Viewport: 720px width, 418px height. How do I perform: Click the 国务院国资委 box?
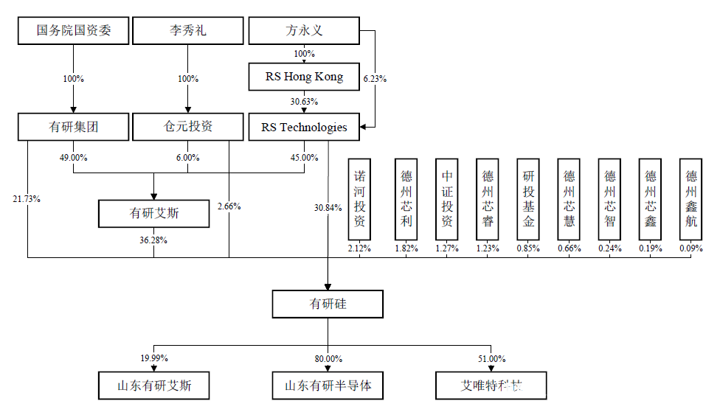click(73, 31)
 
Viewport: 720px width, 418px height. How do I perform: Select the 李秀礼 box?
click(187, 31)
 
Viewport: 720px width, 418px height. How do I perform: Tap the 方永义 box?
click(304, 31)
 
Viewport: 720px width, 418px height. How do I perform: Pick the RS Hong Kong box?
click(304, 76)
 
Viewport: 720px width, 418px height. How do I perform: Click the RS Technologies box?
click(304, 127)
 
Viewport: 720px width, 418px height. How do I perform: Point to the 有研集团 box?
click(73, 127)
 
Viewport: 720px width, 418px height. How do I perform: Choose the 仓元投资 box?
click(187, 127)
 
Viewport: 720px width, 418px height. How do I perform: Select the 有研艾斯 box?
click(154, 214)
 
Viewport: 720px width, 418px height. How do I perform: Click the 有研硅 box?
click(328, 304)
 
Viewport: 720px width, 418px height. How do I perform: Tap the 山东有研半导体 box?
click(328, 386)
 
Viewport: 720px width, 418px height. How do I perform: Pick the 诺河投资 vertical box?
click(359, 199)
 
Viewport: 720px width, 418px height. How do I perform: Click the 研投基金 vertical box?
click(528, 199)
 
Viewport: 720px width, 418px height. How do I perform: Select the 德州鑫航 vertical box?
click(691, 199)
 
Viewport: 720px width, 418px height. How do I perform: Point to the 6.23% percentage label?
click(375, 78)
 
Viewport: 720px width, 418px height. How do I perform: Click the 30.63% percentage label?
click(304, 102)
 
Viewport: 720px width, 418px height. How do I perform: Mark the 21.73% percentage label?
click(26, 199)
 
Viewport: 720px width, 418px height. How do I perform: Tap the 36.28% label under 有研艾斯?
click(153, 240)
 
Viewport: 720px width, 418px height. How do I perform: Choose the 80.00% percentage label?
click(328, 358)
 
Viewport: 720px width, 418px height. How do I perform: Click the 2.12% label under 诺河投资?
click(359, 248)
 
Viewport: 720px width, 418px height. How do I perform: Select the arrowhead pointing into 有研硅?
click(328, 286)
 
